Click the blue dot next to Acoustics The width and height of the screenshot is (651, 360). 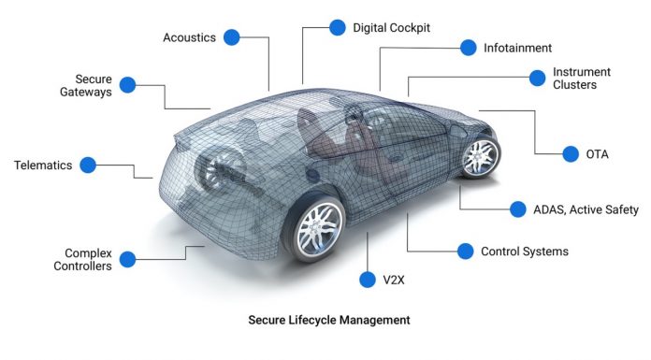point(231,37)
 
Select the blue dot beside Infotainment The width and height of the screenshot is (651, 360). point(468,47)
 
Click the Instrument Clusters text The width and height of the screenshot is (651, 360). point(582,79)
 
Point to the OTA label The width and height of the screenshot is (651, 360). point(597,153)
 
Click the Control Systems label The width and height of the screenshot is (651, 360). point(525,251)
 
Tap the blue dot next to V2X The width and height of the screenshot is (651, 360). point(367,279)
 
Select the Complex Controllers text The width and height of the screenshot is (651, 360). point(88,259)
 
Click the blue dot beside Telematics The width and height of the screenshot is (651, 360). point(88,165)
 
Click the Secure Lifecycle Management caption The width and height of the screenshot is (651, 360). point(328,320)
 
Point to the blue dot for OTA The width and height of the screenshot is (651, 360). point(569,152)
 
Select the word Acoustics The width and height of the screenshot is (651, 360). point(189,37)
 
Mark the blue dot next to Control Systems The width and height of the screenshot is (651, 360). point(464,251)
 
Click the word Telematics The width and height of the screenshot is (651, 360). point(43,166)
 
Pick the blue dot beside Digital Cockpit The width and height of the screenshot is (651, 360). point(337,28)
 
